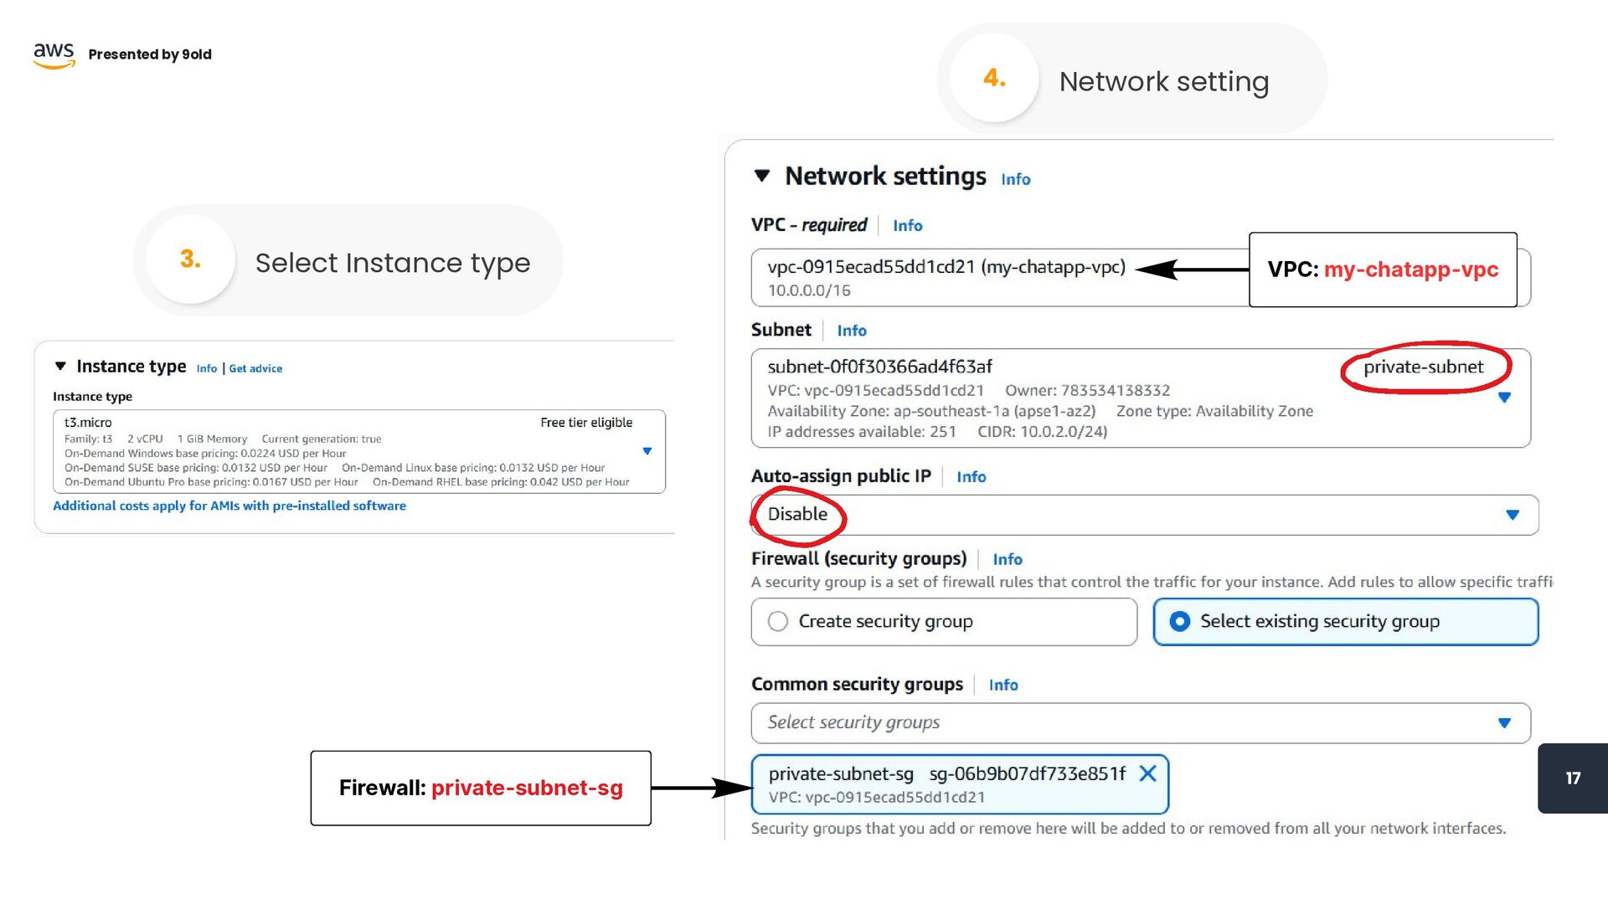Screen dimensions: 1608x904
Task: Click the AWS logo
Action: pyautogui.click(x=54, y=54)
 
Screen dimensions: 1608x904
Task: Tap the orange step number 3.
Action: pyautogui.click(x=190, y=259)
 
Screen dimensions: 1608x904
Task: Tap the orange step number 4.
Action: pyautogui.click(x=994, y=78)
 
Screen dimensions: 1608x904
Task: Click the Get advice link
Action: pyautogui.click(x=255, y=368)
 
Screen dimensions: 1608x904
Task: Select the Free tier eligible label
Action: pyautogui.click(x=586, y=423)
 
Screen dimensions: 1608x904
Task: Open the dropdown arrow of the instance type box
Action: pyautogui.click(x=647, y=451)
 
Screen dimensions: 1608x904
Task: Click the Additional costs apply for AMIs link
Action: pyautogui.click(x=229, y=506)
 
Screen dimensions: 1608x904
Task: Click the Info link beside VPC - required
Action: pyautogui.click(x=907, y=225)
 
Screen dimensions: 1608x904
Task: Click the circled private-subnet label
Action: pyautogui.click(x=1423, y=367)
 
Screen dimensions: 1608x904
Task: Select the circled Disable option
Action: pyautogui.click(x=797, y=514)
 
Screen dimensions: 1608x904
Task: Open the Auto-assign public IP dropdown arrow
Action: pyautogui.click(x=1513, y=515)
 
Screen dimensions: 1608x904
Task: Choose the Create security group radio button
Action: pyautogui.click(x=778, y=621)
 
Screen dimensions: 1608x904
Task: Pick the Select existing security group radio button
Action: pyautogui.click(x=1179, y=621)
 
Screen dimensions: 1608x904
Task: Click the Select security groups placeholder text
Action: pyautogui.click(x=853, y=722)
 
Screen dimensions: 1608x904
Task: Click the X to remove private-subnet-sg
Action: pyautogui.click(x=1148, y=773)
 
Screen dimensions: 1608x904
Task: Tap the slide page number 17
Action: pyautogui.click(x=1573, y=778)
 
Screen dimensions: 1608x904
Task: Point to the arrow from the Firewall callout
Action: pyautogui.click(x=702, y=788)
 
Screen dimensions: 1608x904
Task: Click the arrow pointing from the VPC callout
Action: pyautogui.click(x=1192, y=270)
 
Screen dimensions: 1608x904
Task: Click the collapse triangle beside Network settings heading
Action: pyautogui.click(x=761, y=176)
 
